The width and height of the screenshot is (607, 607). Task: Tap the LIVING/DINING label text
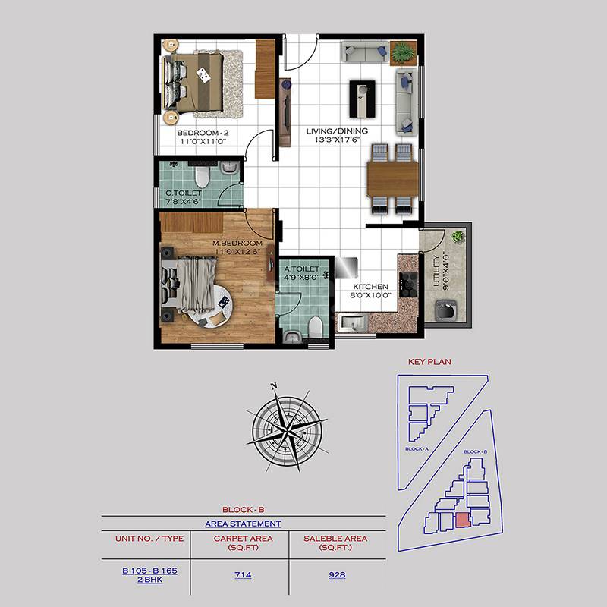tap(337, 131)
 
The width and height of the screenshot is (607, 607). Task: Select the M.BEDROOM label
tap(237, 243)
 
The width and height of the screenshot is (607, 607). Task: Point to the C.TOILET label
tap(184, 193)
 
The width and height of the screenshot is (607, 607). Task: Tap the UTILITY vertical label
tap(446, 272)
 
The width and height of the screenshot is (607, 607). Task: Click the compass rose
tap(285, 426)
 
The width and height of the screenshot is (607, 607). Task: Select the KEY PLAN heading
tap(429, 362)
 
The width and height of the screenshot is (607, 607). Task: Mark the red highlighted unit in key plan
tap(462, 520)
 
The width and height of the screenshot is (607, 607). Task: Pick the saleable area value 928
tap(337, 574)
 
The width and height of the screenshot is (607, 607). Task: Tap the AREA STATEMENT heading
tap(243, 524)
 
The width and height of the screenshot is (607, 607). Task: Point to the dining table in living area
tap(393, 179)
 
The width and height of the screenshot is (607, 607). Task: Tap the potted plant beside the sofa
tap(403, 52)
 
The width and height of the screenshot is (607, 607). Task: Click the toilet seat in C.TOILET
tap(200, 177)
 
